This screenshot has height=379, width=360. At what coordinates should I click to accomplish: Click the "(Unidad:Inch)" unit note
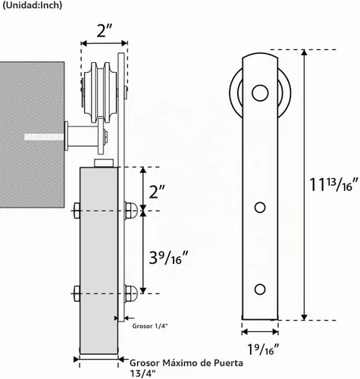coord(32,5)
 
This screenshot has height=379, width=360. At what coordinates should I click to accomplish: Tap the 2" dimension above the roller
coord(105,31)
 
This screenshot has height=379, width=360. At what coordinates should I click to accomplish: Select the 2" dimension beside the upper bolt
coord(157,192)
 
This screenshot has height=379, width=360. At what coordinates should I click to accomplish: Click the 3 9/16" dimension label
coord(168,258)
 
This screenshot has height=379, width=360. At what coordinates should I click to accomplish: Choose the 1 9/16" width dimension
coord(263,349)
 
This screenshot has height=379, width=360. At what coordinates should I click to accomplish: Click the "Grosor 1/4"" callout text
coord(150,326)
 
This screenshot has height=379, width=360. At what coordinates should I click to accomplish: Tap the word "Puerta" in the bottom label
coord(228,363)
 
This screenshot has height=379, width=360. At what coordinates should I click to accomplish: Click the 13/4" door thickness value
coord(142,373)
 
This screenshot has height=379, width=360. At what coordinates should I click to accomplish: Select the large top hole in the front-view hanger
coord(260,93)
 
